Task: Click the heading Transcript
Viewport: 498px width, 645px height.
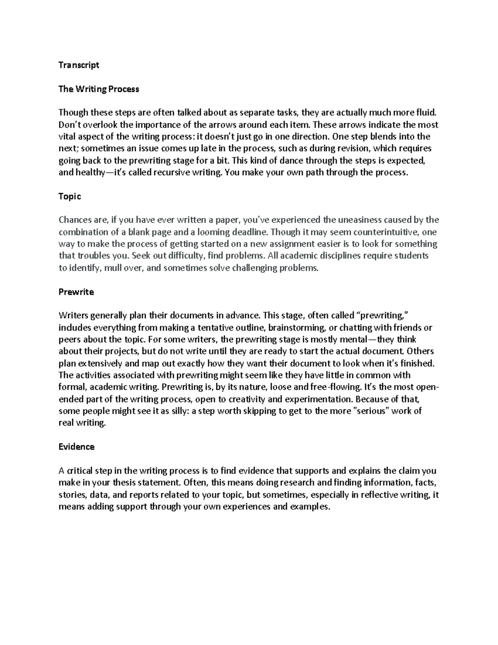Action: tap(79, 65)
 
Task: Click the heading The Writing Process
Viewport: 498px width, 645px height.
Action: tap(99, 89)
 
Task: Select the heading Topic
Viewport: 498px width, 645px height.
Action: tap(70, 196)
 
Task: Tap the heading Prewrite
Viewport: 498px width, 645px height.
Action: tap(76, 292)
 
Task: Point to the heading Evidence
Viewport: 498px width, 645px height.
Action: tap(76, 447)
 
